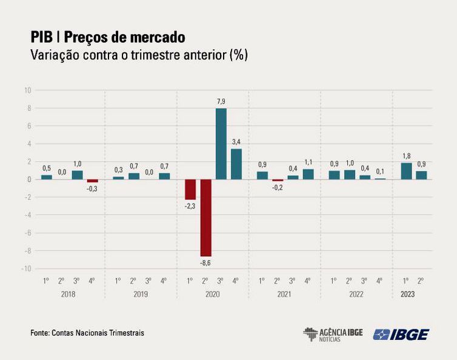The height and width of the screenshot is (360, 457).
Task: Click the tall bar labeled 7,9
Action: (221, 144)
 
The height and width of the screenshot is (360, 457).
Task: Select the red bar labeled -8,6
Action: (206, 218)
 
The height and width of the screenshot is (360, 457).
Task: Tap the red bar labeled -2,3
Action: (190, 190)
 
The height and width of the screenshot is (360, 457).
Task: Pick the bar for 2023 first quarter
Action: (406, 171)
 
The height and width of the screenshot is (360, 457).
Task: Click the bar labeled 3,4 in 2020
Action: (236, 164)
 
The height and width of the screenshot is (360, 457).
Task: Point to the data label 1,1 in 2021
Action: (308, 162)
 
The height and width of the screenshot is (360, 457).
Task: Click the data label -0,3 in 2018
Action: (92, 188)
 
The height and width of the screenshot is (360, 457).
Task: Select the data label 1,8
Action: (406, 156)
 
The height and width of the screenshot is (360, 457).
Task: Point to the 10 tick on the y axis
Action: (27, 90)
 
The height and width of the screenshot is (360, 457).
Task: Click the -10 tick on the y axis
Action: (27, 268)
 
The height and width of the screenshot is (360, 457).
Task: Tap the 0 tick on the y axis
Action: (28, 179)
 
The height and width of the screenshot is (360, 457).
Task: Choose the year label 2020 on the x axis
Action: (213, 294)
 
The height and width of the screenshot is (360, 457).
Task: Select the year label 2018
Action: (68, 294)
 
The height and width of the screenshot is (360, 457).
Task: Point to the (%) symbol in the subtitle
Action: (238, 55)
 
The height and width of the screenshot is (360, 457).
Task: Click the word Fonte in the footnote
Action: (39, 333)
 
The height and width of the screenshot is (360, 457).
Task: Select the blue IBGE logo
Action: (401, 334)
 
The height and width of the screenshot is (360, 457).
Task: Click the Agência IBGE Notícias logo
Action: (333, 334)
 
